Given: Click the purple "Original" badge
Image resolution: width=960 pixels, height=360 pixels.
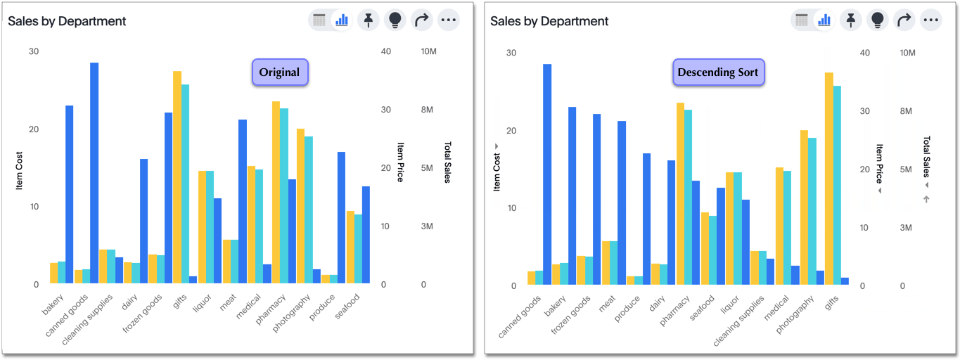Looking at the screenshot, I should [x=279, y=72].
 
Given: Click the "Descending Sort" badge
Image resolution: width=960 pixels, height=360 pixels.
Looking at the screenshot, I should [x=718, y=72].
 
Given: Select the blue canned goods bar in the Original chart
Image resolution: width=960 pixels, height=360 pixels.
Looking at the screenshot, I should [x=94, y=173].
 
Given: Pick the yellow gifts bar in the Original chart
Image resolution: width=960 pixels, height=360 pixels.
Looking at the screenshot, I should [x=177, y=177].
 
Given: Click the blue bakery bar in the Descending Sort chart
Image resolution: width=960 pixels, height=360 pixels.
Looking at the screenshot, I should [x=572, y=196].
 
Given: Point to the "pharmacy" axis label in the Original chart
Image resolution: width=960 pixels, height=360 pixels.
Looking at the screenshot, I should [x=269, y=310].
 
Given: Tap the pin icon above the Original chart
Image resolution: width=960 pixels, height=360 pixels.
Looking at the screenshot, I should [x=369, y=20].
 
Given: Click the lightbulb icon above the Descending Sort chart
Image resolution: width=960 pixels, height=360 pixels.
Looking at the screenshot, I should [x=878, y=20].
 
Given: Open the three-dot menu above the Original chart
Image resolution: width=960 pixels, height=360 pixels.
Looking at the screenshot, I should [x=449, y=20].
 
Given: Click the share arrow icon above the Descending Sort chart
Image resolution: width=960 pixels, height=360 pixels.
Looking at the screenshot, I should [x=904, y=20].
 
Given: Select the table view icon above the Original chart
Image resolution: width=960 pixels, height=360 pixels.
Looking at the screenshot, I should [x=319, y=20].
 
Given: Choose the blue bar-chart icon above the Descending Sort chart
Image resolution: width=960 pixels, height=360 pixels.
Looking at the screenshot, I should [x=824, y=20].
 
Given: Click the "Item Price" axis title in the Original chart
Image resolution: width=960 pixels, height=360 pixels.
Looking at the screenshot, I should [x=400, y=162].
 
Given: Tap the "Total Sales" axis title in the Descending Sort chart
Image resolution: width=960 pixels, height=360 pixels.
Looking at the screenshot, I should [x=926, y=157].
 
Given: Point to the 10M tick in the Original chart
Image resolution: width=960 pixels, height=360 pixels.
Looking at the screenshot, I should [x=429, y=52].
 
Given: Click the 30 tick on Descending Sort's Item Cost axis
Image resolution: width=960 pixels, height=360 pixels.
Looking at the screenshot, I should [x=511, y=53].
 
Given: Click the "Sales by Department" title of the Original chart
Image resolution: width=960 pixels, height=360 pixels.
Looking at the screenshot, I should [x=68, y=21].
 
